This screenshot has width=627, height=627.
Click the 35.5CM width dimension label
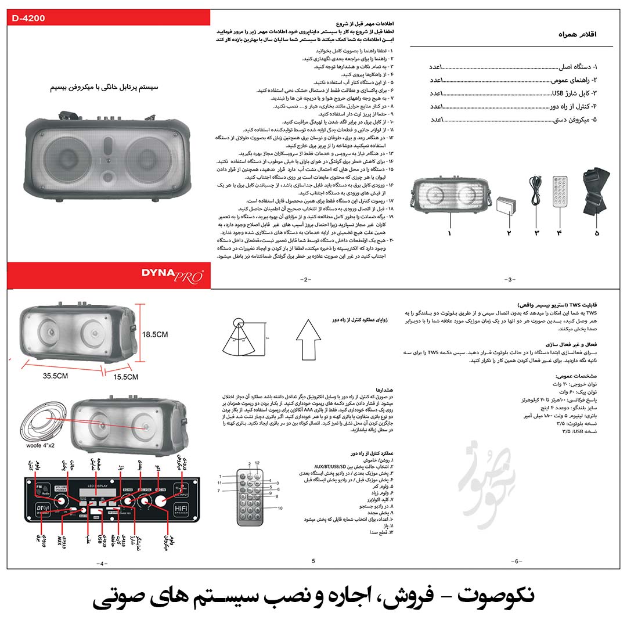point(55,376)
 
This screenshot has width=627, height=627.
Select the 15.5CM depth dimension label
point(125,377)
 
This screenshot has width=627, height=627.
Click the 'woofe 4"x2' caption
point(40,445)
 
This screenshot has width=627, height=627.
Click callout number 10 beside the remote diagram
point(280,508)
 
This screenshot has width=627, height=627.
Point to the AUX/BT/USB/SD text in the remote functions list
point(330,467)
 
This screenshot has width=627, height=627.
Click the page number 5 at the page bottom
point(313,561)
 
